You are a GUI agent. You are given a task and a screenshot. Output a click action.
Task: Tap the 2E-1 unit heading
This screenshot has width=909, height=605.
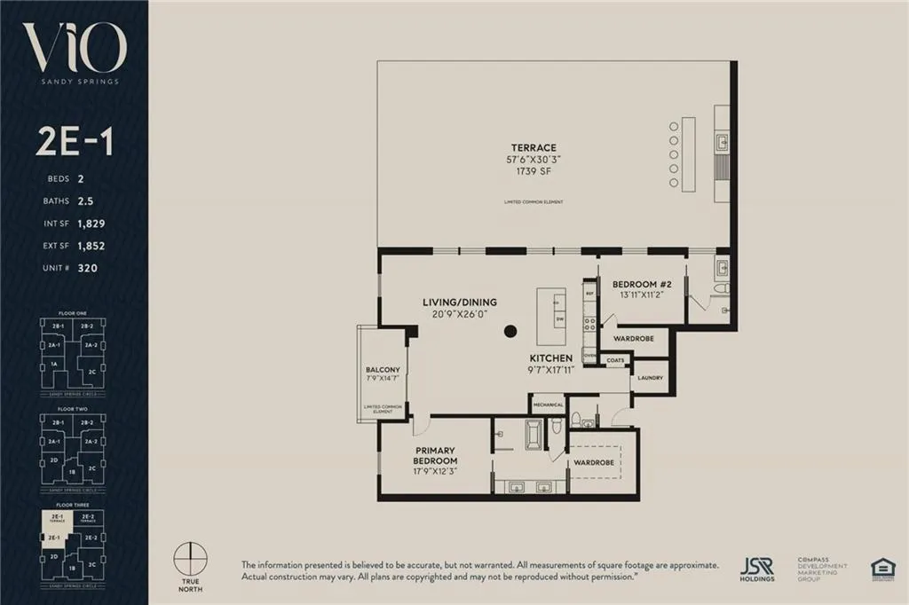(x=74, y=141)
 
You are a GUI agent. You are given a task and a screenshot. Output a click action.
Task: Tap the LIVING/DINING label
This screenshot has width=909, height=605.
(x=459, y=302)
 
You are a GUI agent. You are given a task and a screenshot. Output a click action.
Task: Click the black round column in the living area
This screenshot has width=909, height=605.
(x=510, y=332)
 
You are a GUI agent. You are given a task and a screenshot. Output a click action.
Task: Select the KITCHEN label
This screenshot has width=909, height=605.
(x=550, y=357)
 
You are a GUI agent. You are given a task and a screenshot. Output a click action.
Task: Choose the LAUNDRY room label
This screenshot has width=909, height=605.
(x=650, y=378)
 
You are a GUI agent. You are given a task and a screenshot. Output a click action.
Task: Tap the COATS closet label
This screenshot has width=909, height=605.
(x=614, y=360)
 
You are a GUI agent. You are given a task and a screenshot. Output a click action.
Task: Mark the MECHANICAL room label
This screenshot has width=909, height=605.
(x=548, y=404)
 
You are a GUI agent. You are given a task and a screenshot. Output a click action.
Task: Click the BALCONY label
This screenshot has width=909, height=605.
(x=383, y=370)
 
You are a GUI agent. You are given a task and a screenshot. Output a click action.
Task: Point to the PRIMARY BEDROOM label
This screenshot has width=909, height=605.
(x=435, y=455)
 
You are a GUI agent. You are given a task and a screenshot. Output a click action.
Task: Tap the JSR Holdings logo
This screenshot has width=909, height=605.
(x=757, y=570)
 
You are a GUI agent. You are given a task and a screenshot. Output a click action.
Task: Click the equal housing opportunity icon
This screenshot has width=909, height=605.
(x=882, y=569)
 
